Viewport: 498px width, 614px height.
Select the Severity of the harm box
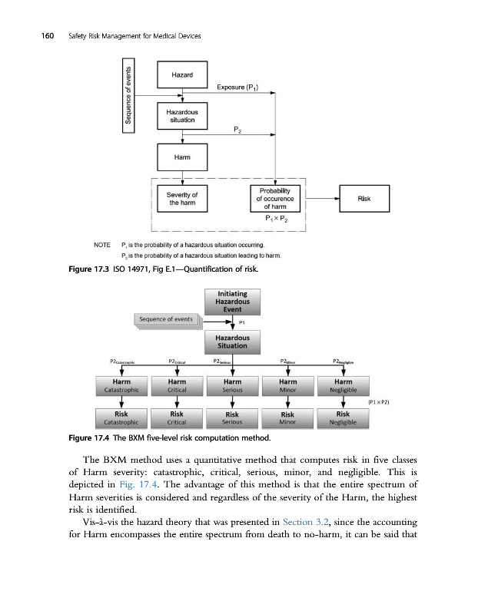tap(182, 199)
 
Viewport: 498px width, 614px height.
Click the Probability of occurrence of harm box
tap(274, 198)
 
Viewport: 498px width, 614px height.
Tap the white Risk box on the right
tap(364, 199)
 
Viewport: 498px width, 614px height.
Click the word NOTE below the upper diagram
tap(103, 245)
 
